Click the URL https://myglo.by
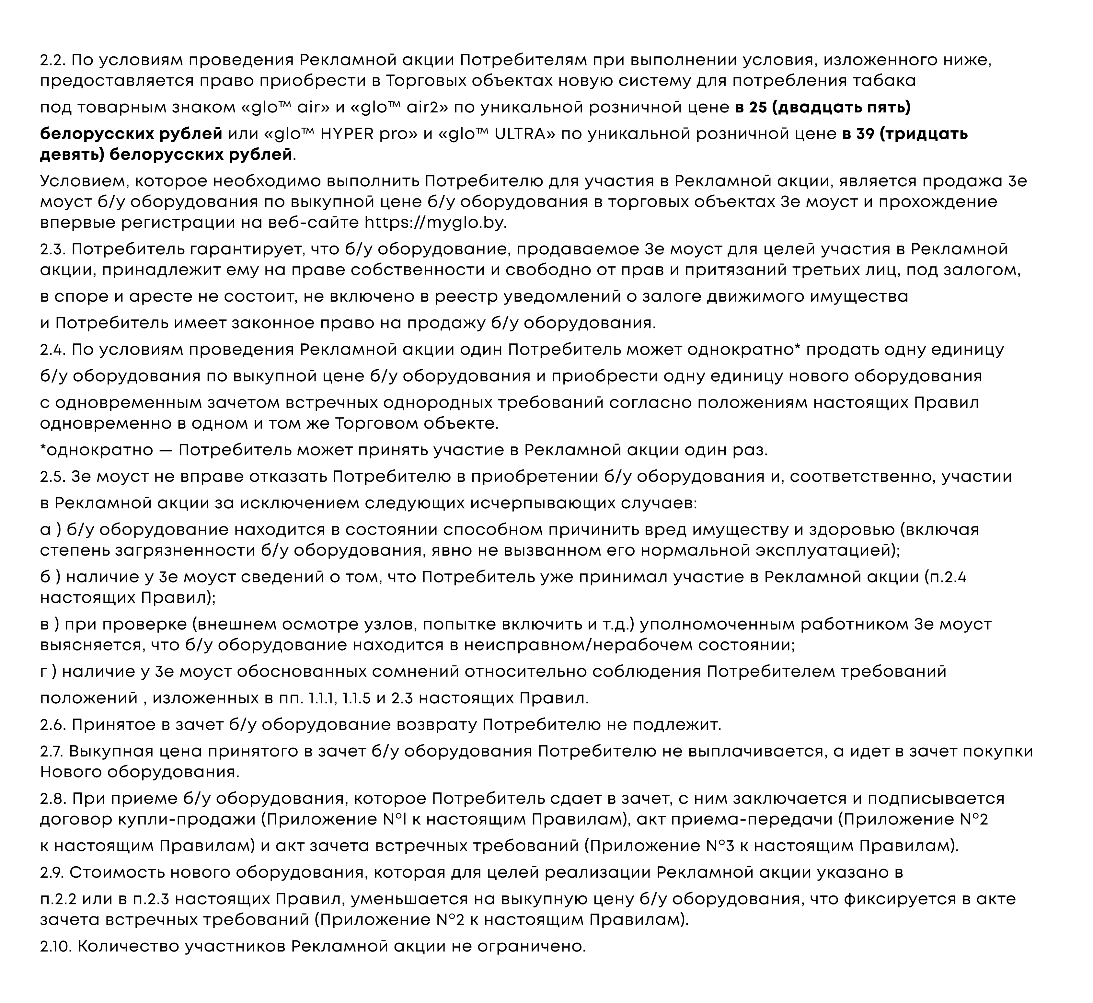435,223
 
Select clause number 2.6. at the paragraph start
53,725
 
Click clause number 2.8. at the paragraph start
53,798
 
